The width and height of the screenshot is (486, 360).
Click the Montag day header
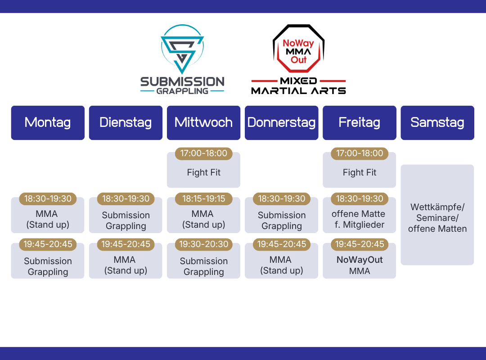[48, 123]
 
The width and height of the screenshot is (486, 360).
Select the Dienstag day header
[126, 123]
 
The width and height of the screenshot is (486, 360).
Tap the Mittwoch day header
[204, 123]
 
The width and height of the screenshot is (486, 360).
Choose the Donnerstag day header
[281, 123]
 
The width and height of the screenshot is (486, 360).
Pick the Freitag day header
[360, 123]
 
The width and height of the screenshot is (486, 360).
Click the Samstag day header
[437, 123]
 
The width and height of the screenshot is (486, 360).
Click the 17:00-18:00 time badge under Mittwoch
[204, 153]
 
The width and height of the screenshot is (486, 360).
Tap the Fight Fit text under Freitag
[360, 172]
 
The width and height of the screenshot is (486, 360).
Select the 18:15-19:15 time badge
[204, 199]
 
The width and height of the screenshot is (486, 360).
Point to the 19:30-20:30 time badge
[204, 244]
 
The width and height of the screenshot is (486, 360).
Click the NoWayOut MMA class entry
[360, 265]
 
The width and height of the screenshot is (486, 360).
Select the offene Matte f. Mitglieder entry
[359, 219]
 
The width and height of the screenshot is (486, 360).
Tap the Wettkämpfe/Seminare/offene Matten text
[437, 218]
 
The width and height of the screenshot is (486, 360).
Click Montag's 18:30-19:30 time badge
[48, 199]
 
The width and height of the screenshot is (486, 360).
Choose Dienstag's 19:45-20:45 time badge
[126, 244]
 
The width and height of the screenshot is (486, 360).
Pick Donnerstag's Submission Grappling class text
[281, 220]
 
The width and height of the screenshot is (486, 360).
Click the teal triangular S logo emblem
[182, 49]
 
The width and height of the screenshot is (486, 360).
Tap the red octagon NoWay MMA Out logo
[298, 48]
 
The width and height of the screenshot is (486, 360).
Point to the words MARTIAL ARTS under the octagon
[298, 90]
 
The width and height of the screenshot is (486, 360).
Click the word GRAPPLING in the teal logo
[182, 91]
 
